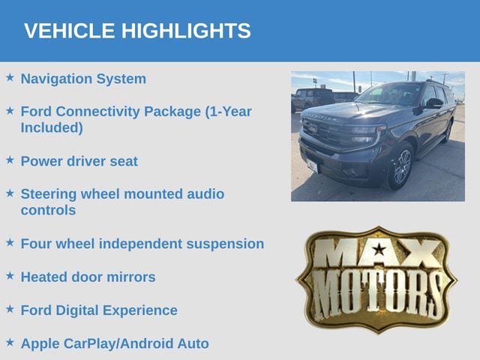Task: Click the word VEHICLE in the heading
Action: [70, 31]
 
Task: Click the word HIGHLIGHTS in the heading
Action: [186, 31]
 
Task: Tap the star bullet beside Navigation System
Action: [10, 77]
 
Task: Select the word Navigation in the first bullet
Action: [56, 79]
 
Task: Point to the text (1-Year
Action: [228, 112]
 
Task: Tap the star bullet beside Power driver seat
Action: [10, 160]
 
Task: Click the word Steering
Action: [48, 194]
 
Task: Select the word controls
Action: [48, 210]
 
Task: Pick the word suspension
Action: [225, 244]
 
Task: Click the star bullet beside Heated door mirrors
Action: [10, 275]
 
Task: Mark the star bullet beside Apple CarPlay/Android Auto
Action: [10, 342]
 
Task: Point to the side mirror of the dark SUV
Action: [434, 103]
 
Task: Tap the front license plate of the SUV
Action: [313, 166]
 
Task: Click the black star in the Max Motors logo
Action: [379, 249]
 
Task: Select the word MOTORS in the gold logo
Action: [377, 293]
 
